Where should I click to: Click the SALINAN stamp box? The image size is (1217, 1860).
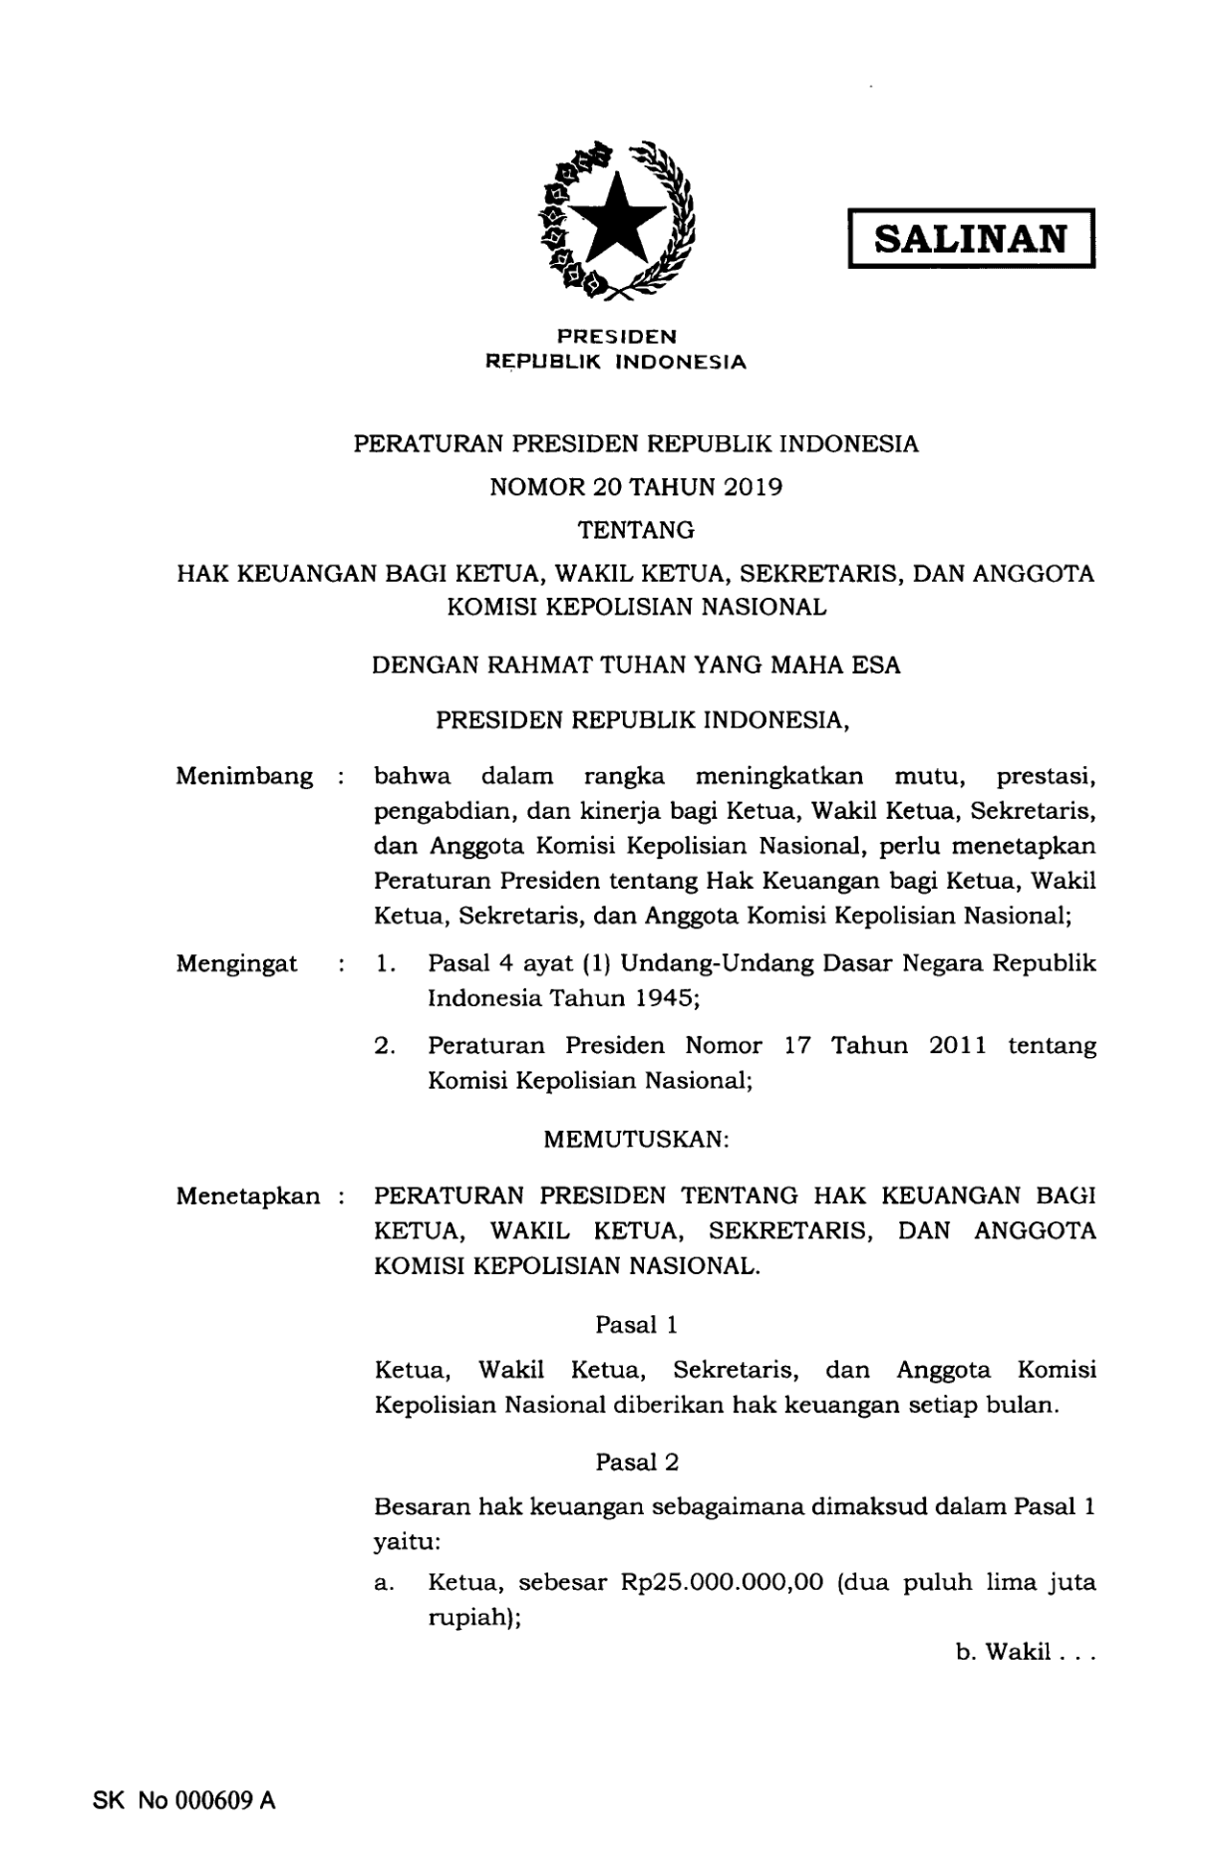[x=971, y=239]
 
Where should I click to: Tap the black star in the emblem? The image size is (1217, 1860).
[x=617, y=217]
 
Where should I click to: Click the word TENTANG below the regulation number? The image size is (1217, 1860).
[x=636, y=531]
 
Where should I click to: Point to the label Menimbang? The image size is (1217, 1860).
[x=244, y=776]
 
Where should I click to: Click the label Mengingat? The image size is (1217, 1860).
[x=237, y=963]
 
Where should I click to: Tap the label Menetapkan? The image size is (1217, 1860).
[x=248, y=1196]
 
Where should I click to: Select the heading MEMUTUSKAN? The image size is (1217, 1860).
[x=637, y=1139]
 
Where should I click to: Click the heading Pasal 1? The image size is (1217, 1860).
[x=637, y=1324]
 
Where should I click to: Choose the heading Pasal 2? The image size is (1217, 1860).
[x=637, y=1461]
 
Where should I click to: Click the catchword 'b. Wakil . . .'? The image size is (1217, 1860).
[x=1026, y=1653]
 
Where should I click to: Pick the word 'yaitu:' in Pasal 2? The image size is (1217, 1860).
[x=407, y=1541]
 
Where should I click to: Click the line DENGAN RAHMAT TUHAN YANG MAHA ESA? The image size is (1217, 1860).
[x=636, y=665]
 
